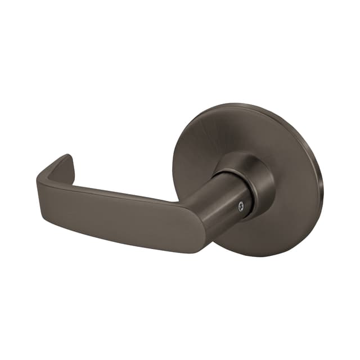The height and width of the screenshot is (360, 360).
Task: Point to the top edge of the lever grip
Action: tap(124, 192)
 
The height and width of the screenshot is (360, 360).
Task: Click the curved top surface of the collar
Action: tap(242, 157)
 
